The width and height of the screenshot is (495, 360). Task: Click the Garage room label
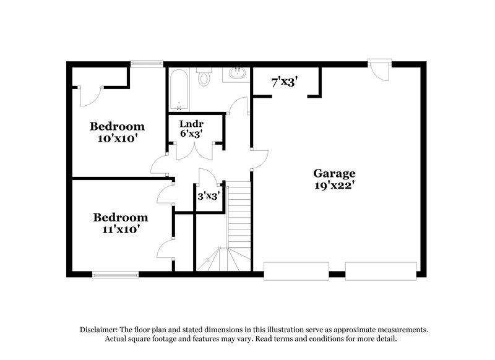click(x=334, y=173)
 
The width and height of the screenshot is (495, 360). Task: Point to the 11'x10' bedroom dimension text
click(x=120, y=229)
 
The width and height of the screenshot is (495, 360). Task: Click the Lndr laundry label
click(x=191, y=123)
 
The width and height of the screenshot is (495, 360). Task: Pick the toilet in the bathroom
click(x=204, y=77)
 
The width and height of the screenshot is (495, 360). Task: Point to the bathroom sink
click(x=235, y=75)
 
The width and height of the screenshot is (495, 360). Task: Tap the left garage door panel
click(x=296, y=270)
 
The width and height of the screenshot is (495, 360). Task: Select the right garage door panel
click(x=381, y=270)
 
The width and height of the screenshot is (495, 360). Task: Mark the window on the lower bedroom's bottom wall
click(x=115, y=273)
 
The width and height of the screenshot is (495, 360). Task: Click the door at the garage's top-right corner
click(x=379, y=69)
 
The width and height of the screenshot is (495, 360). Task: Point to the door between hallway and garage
click(x=259, y=157)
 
